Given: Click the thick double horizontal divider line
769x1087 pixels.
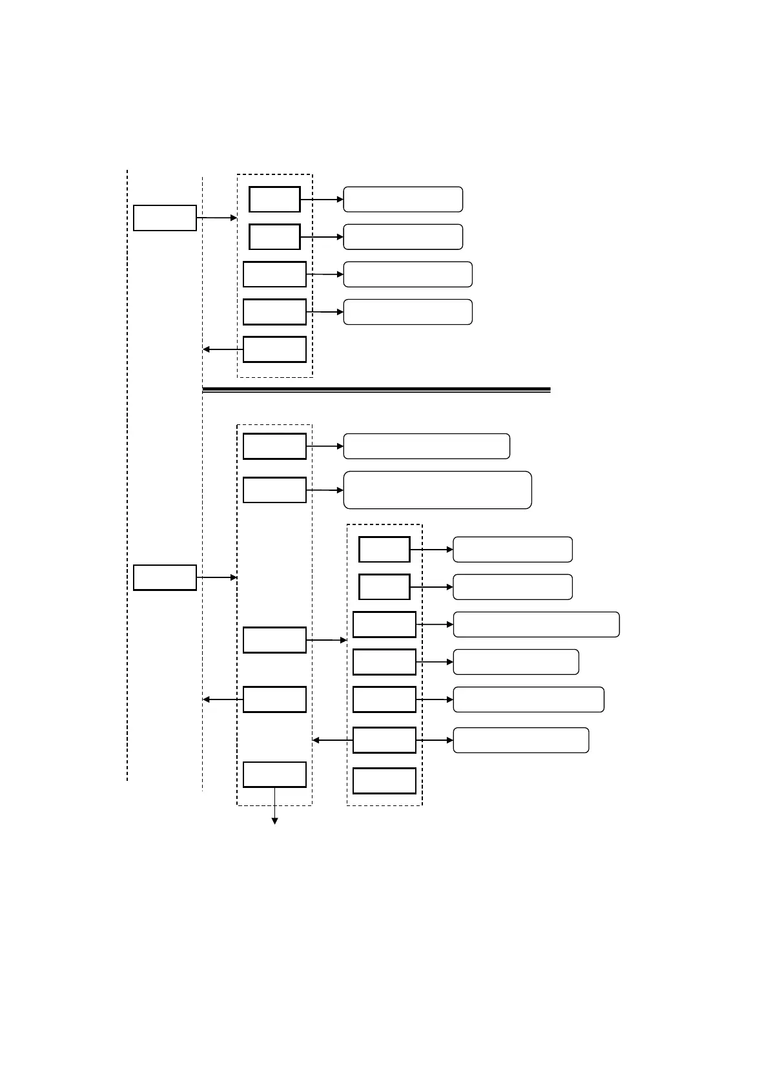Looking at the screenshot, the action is (376, 389).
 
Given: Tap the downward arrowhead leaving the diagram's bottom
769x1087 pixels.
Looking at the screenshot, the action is (274, 820).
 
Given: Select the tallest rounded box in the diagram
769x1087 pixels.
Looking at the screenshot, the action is (437, 490).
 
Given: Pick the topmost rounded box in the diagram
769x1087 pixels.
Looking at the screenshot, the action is (403, 200).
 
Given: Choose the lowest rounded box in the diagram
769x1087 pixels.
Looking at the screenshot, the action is (520, 740).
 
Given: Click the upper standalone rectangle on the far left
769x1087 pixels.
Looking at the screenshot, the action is (165, 218).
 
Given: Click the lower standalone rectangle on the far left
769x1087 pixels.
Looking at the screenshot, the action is (165, 577).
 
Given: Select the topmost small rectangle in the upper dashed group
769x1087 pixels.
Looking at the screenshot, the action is (274, 200).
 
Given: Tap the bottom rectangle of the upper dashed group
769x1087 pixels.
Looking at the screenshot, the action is (274, 349).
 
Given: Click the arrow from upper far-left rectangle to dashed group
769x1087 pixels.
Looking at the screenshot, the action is (217, 218).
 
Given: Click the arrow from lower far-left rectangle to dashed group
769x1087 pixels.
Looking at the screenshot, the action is (217, 577).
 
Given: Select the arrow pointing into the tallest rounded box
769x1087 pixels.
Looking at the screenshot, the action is (325, 490).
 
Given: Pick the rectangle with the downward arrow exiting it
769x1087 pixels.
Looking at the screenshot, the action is (274, 774).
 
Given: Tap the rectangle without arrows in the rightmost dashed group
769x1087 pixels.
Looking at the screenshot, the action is (384, 781).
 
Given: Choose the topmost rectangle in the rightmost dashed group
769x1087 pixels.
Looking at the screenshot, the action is (384, 550).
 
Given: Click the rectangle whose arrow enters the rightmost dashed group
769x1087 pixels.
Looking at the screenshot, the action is (274, 640).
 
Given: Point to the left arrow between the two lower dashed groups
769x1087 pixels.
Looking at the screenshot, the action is (332, 740).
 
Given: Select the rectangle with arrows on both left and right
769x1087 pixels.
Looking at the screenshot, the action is (384, 740).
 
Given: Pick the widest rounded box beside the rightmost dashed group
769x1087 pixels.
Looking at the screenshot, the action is (536, 625).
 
